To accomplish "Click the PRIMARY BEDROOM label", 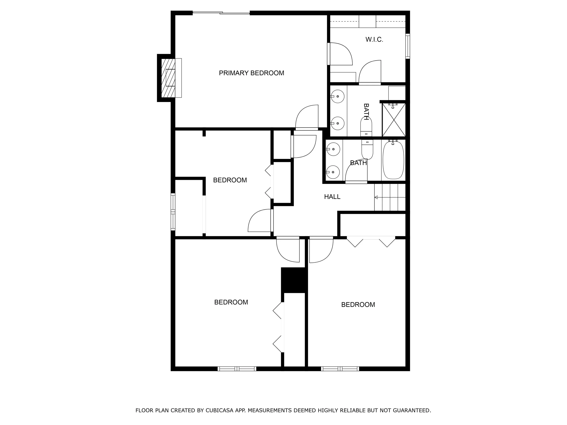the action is coord(251,73).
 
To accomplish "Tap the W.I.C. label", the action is coord(374,39).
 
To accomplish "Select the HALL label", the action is coord(332,197).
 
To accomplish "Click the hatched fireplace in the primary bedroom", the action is coord(168,78).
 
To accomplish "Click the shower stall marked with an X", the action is coord(394,120).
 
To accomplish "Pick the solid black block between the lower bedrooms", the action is coord(294,280).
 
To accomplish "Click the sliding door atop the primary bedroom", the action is coord(221,13).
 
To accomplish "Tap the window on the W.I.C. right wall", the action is coord(408,46).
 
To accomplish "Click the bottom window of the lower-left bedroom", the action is coord(237,369).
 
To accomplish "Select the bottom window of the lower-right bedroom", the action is coord(340,369).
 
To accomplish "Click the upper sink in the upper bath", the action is coord(337,96).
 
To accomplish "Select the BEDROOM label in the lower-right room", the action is coord(358,305).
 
